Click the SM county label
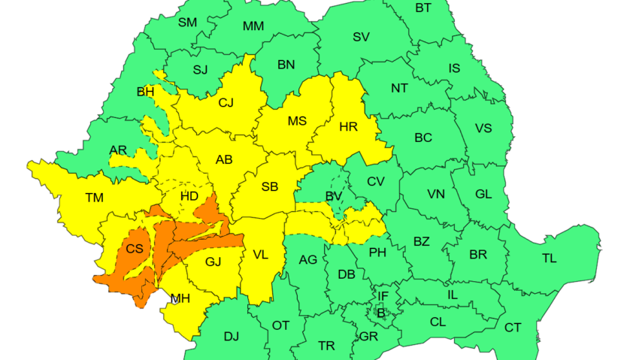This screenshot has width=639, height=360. [187, 23]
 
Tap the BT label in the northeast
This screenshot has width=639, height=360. [423, 8]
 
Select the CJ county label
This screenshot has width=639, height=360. [226, 104]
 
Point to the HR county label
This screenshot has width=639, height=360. [348, 127]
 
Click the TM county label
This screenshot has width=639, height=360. [94, 198]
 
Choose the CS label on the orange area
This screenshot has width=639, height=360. [135, 249]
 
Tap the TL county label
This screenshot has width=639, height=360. [550, 259]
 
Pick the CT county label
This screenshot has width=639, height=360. [513, 328]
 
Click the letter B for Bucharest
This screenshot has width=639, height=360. [380, 313]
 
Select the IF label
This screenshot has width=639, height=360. [383, 297]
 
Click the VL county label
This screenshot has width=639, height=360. [260, 256]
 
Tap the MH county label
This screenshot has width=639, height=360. [180, 298]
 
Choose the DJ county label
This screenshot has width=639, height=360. [231, 336]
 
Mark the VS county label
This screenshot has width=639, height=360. [483, 129]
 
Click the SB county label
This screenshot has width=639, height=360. [271, 186]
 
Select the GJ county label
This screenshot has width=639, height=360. [214, 262]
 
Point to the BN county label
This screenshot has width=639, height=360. [286, 65]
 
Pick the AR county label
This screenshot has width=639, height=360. [118, 150]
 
